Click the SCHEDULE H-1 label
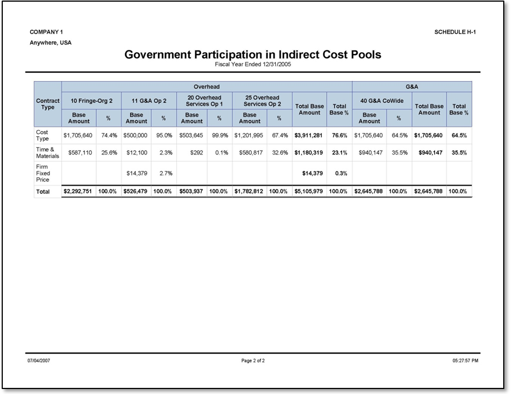click(454, 32)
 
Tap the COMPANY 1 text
click(46, 32)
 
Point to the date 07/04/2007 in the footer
click(39, 361)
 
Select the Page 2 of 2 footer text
click(253, 361)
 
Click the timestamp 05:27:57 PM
click(465, 361)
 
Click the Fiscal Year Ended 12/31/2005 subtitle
click(253, 64)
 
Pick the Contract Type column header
click(48, 104)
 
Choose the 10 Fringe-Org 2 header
click(91, 101)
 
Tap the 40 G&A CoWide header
click(382, 101)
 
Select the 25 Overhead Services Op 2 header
click(262, 101)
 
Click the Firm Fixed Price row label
click(42, 173)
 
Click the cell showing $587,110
click(78, 153)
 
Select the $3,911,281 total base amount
click(309, 135)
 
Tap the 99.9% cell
click(220, 135)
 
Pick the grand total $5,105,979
click(309, 192)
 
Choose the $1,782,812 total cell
click(250, 192)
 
